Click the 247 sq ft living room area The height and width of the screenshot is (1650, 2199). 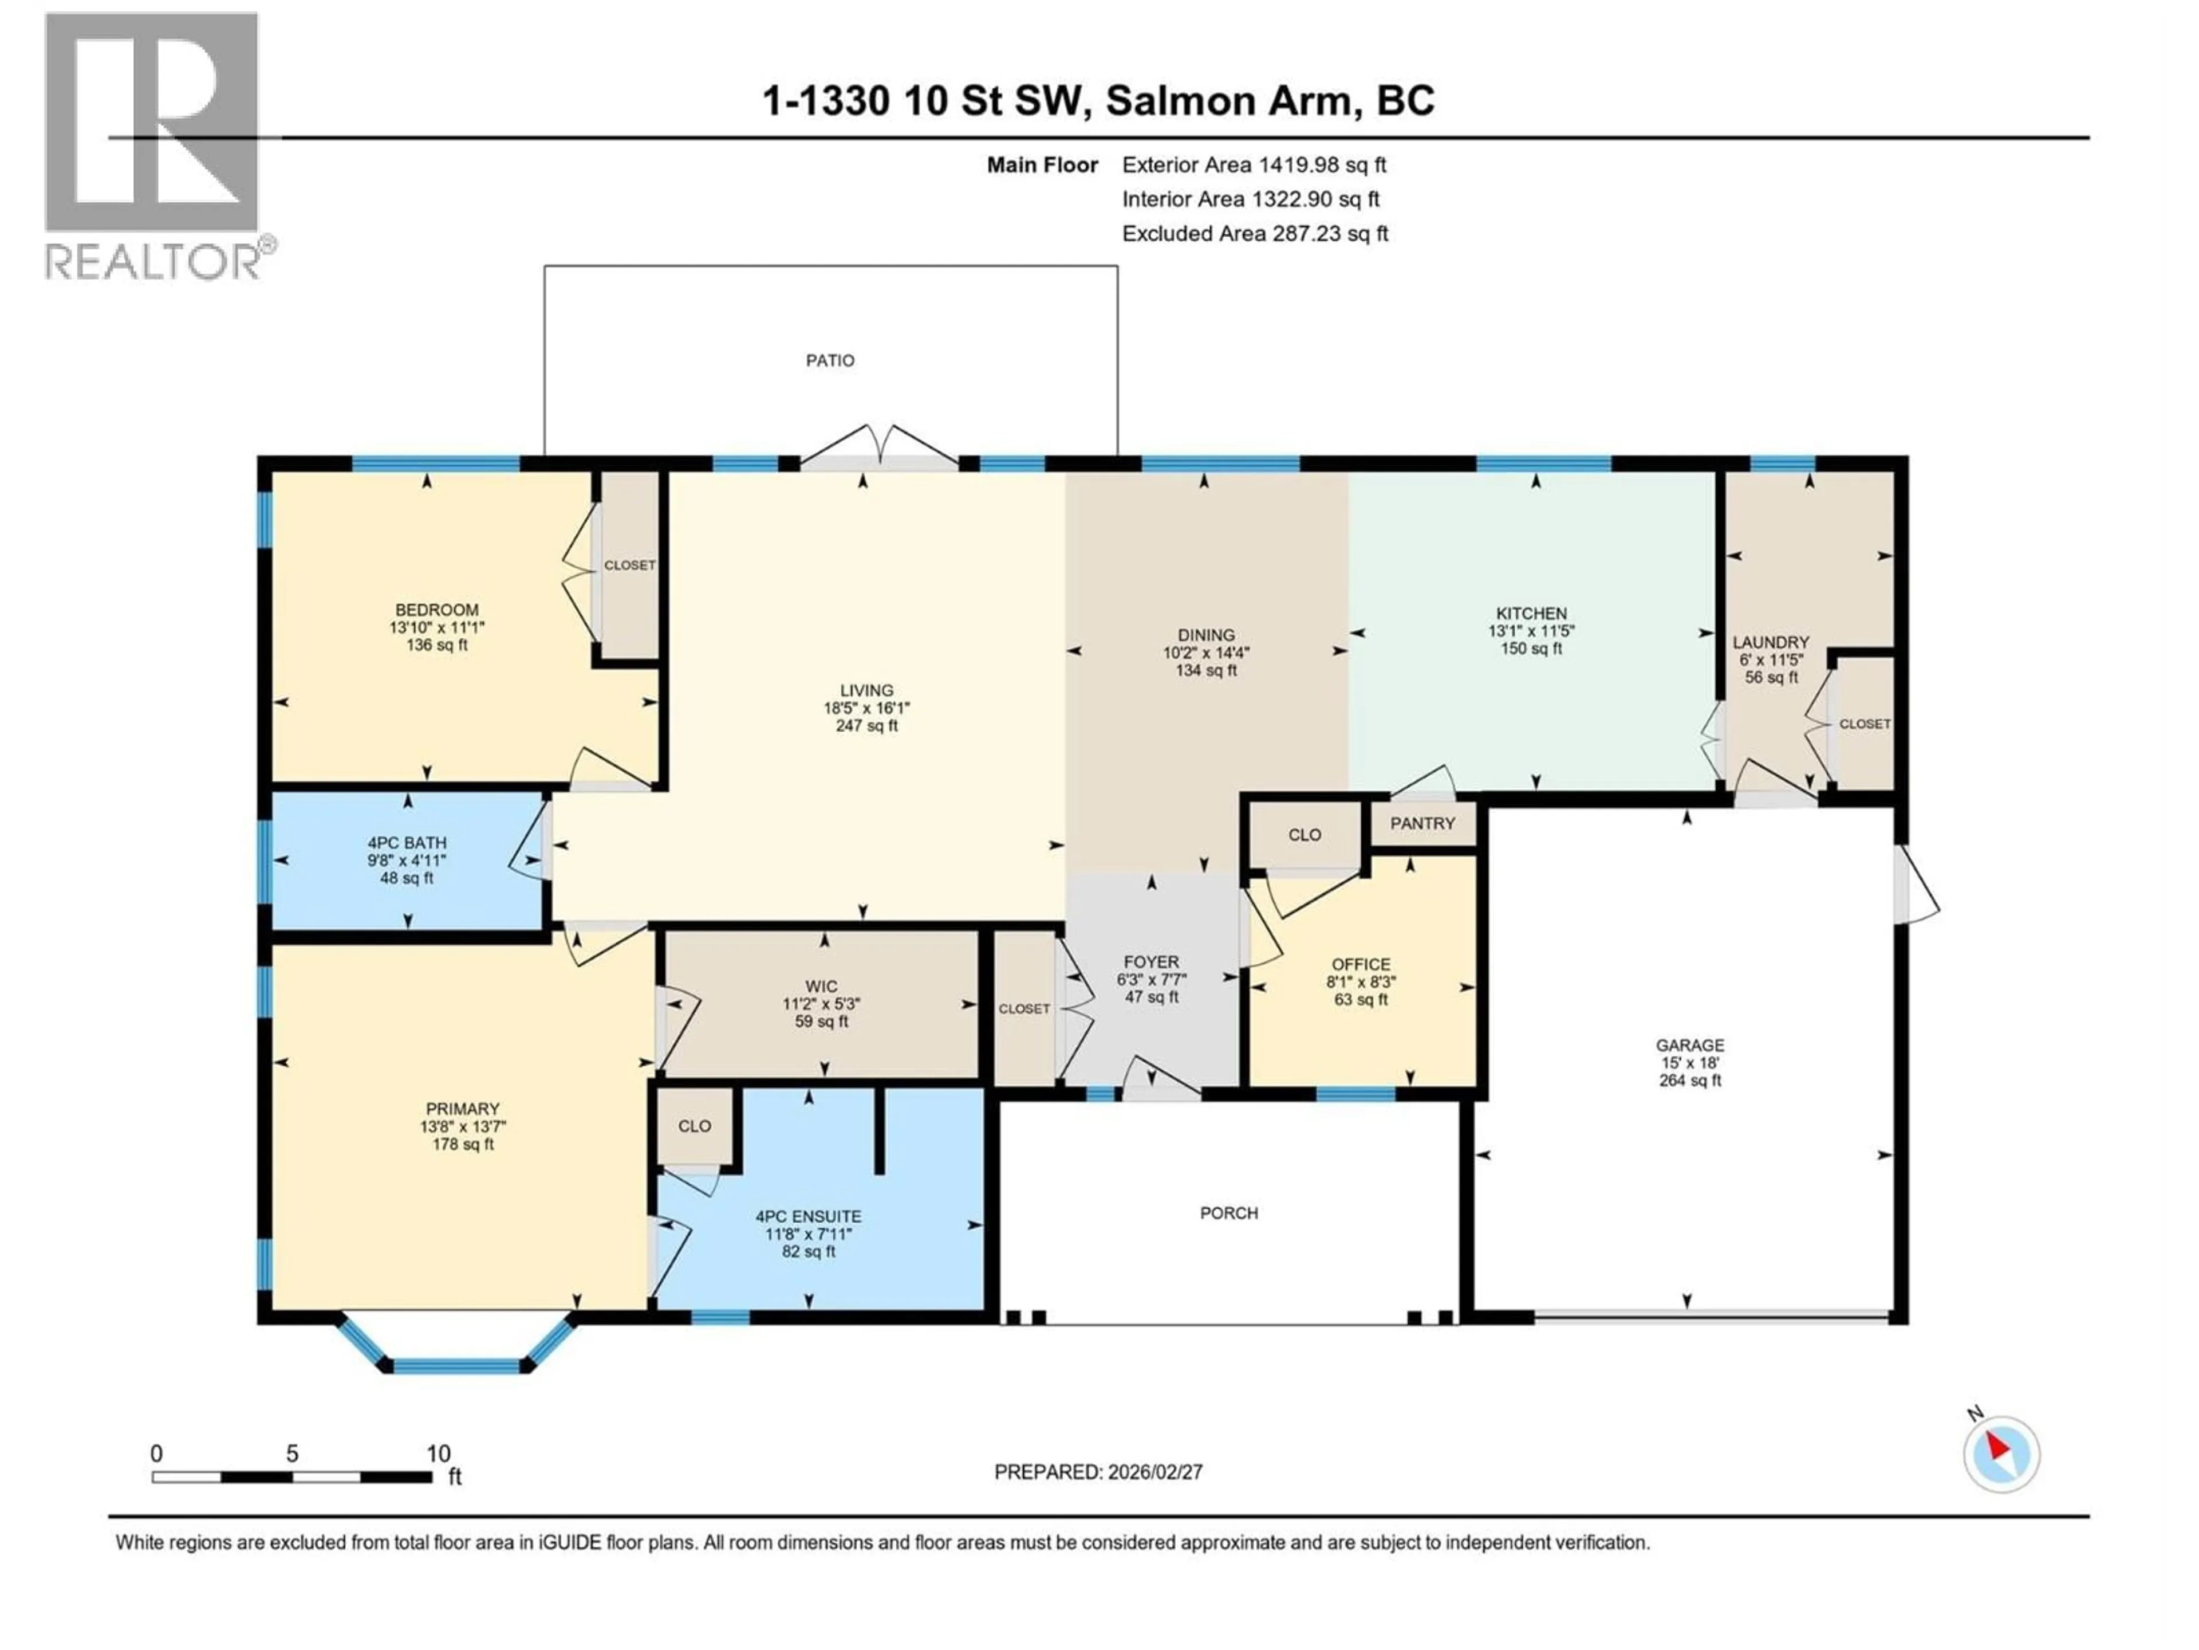[x=866, y=726]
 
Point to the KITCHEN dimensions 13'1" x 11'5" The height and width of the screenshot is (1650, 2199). [x=1531, y=631]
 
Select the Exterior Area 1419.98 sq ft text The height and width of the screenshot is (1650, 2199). [x=1254, y=165]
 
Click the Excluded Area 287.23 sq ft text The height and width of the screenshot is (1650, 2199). [x=1255, y=234]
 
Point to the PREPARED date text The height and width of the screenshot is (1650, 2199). [x=1098, y=1472]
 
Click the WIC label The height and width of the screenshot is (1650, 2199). [x=821, y=987]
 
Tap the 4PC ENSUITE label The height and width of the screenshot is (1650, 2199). [x=808, y=1216]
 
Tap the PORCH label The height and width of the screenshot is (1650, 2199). [x=1229, y=1213]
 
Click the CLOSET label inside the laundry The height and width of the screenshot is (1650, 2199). [x=1864, y=724]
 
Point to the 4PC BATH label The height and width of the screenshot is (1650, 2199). [x=407, y=842]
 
